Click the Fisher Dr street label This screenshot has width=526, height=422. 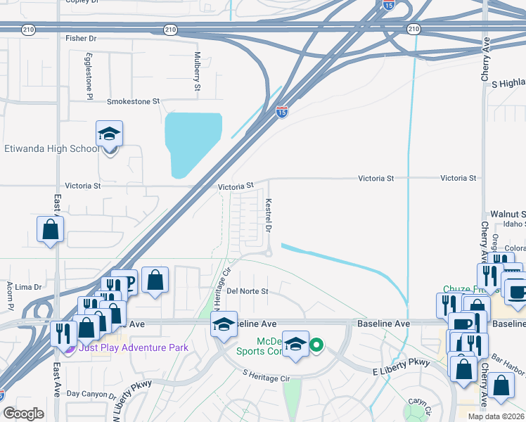point(80,38)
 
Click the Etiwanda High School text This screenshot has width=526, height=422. point(52,148)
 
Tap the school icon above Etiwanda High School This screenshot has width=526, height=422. point(110,133)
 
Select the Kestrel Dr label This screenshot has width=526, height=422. point(268,216)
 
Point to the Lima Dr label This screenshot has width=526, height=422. point(29,287)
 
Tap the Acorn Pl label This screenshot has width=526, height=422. point(10,295)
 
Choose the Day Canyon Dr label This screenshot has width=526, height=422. point(91,396)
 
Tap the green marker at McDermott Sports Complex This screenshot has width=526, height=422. point(316,345)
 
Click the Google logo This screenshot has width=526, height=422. point(23,414)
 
